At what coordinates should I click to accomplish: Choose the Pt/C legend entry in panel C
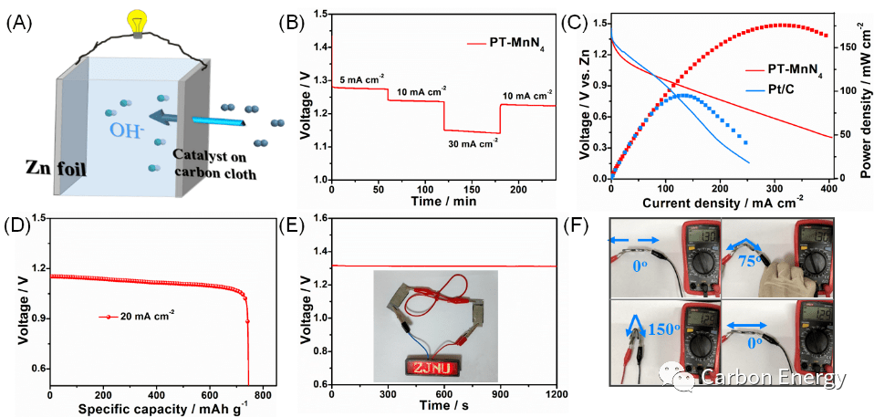point(786,89)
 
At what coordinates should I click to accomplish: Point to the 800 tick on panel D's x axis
point(263,392)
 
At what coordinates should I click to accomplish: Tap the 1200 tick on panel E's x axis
point(554,392)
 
